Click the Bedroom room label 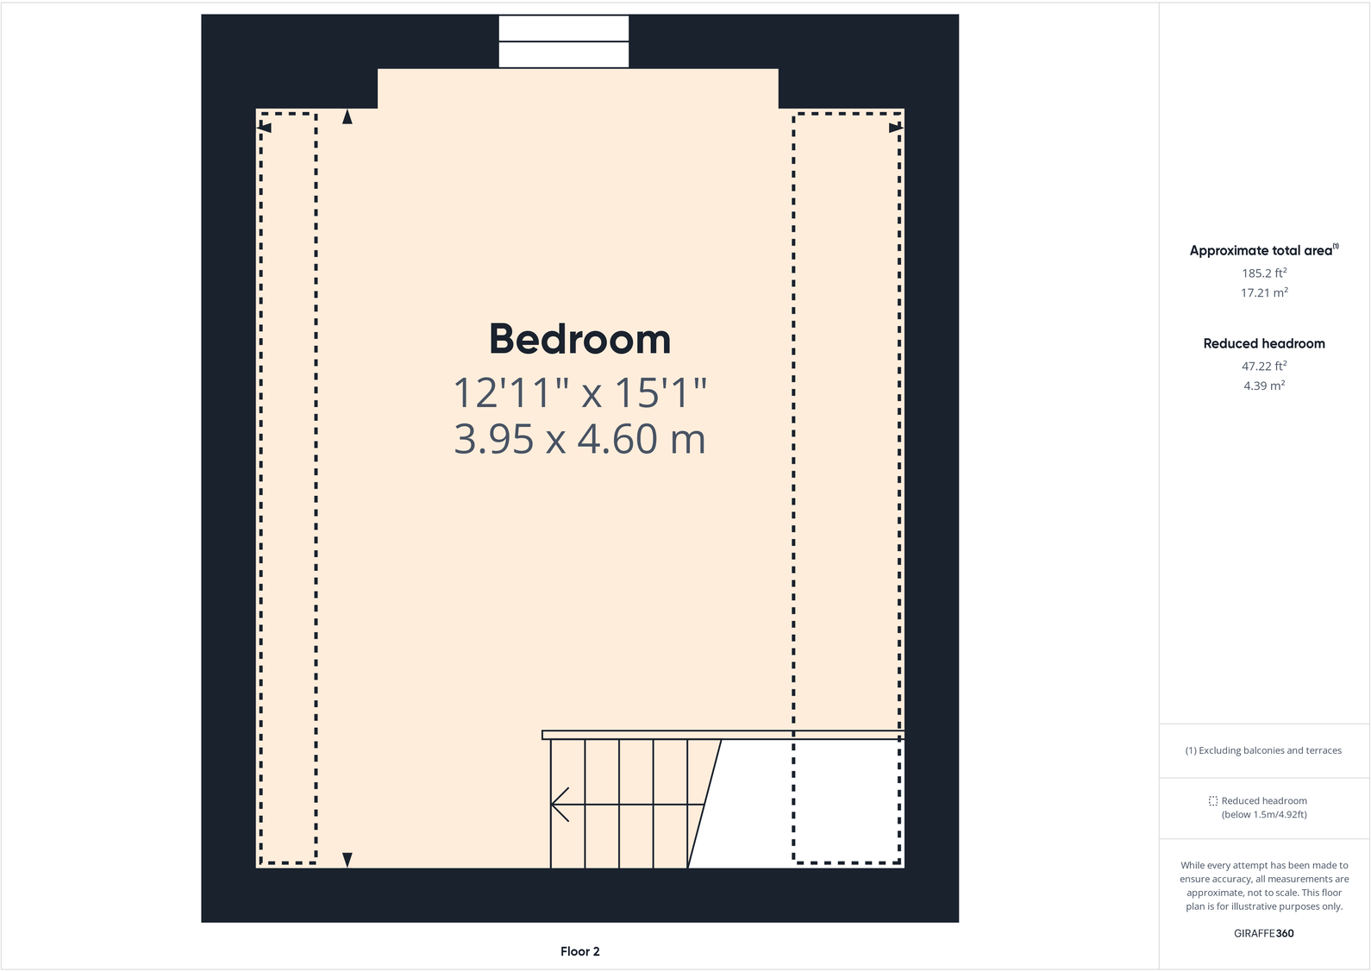pos(579,339)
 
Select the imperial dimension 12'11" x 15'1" pos(579,393)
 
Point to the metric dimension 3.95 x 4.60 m pos(579,439)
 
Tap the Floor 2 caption pos(579,951)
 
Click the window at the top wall pos(564,41)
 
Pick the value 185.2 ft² pos(1264,273)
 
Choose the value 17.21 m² pos(1264,293)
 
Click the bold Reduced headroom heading pos(1264,343)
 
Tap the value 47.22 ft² pos(1264,367)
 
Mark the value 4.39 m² pos(1264,386)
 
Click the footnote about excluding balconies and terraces pos(1263,750)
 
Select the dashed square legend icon pos(1213,801)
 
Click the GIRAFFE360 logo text pos(1263,933)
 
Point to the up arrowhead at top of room pos(347,117)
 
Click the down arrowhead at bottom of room pos(347,859)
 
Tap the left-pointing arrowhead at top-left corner pos(266,129)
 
